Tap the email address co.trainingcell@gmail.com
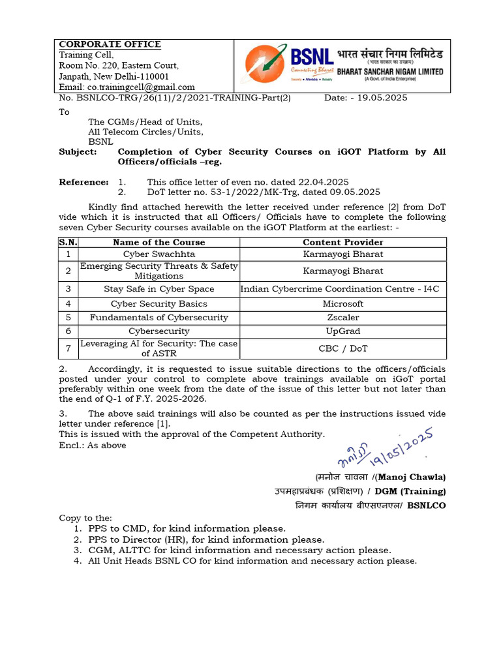(127, 87)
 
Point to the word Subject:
(78, 151)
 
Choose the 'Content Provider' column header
(343, 242)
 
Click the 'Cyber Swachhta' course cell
(159, 254)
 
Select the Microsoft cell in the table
(343, 303)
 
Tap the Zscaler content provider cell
(343, 317)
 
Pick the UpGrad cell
(343, 331)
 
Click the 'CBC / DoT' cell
(343, 348)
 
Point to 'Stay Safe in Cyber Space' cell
(159, 289)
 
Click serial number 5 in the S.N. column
(68, 317)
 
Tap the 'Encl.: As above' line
(93, 446)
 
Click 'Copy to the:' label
(85, 517)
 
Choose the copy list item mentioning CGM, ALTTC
(239, 550)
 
